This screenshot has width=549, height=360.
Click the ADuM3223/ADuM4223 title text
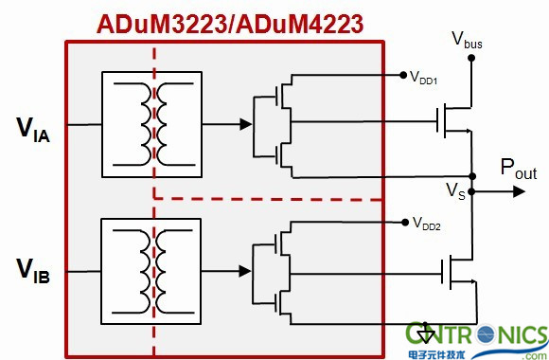click(x=230, y=25)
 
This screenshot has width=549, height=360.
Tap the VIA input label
click(x=33, y=130)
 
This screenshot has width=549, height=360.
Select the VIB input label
click(x=33, y=271)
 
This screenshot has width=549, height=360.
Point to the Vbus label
click(x=467, y=40)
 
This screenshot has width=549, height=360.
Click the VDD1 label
click(x=424, y=78)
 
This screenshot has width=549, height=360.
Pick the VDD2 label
click(x=427, y=224)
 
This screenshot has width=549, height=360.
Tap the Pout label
click(x=519, y=169)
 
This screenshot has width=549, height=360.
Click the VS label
click(x=455, y=191)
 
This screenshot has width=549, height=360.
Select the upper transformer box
click(x=152, y=124)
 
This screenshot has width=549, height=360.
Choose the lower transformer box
click(x=151, y=271)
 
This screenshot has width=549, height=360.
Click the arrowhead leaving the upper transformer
click(x=246, y=124)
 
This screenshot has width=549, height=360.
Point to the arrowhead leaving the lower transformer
click(x=245, y=271)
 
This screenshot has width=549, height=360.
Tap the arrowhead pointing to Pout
click(x=520, y=191)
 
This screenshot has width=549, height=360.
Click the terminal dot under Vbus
click(x=471, y=58)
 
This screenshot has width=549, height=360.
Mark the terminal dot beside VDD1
click(x=403, y=75)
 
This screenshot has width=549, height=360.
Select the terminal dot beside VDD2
click(x=405, y=222)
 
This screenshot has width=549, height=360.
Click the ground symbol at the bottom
click(x=425, y=333)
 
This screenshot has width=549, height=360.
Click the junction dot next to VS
click(x=471, y=191)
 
